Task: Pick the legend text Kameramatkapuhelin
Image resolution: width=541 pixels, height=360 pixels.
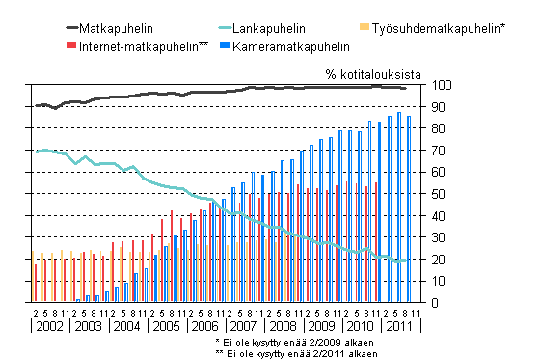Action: point(290,45)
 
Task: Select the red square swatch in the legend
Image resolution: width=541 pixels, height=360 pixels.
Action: point(70,45)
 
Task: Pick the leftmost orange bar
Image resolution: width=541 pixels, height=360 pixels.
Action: point(33,276)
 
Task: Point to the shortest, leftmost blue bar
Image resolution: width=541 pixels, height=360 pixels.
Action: point(77,300)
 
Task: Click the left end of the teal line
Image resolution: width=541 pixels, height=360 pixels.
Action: point(35,152)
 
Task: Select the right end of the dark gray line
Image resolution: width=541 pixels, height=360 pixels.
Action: point(405,88)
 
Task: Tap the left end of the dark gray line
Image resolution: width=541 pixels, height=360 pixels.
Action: point(35,105)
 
